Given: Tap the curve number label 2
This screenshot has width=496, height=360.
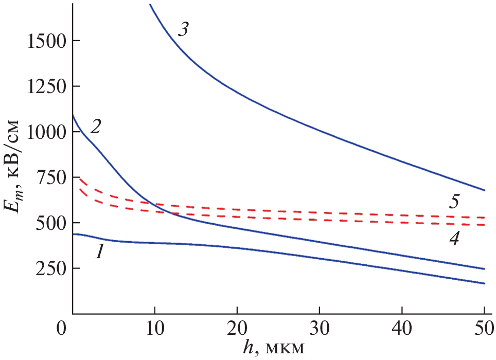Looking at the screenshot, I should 95,127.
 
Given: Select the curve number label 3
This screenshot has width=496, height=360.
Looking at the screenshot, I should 182,29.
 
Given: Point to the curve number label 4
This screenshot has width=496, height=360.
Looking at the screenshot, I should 453,239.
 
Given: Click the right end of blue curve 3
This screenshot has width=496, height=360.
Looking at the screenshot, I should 484,190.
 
